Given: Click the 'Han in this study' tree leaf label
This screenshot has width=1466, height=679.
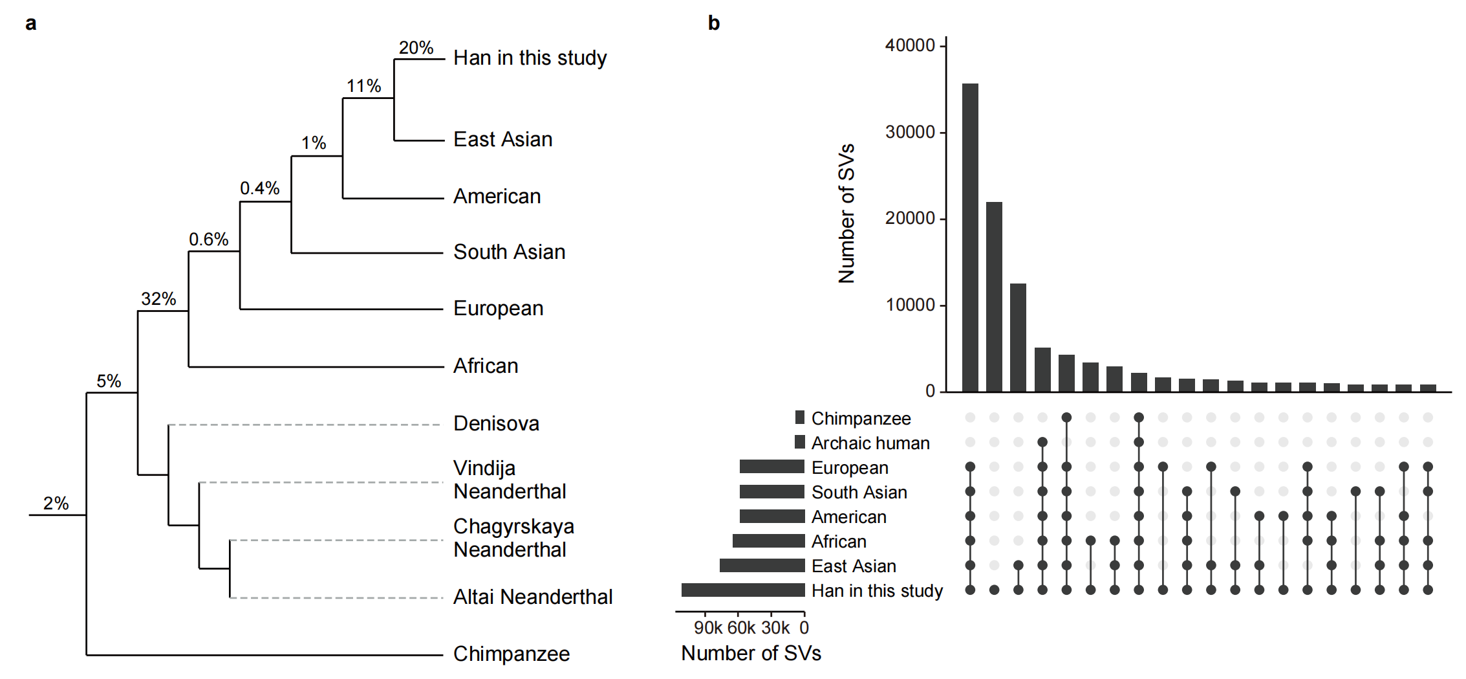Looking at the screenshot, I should [530, 58].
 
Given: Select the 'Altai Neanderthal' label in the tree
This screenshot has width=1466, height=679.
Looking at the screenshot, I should [532, 597].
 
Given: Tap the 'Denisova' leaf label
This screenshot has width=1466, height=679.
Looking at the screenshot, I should [496, 423].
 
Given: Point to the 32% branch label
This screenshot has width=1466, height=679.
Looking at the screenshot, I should [158, 299].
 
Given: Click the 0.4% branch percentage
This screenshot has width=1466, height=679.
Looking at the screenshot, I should [259, 188].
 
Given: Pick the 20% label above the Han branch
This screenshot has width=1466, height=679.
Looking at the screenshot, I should [416, 48].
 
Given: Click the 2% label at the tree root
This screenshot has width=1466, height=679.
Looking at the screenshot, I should [56, 504].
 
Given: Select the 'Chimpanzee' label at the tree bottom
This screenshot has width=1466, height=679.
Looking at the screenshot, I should [511, 654].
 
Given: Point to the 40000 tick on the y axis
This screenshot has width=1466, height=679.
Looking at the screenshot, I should [910, 45].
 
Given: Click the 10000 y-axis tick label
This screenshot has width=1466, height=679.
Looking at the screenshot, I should [910, 305].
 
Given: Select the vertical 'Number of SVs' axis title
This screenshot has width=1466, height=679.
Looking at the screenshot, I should [846, 214].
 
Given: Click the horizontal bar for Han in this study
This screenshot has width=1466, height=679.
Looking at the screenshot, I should [743, 590].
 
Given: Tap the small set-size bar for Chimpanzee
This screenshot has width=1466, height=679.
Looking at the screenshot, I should [800, 417].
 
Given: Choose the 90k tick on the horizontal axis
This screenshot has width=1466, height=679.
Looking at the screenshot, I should [707, 627].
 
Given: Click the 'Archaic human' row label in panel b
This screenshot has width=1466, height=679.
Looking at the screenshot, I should [870, 443].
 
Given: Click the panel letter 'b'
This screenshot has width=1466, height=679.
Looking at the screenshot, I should [714, 23].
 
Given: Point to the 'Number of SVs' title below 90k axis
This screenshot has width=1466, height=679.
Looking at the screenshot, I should [751, 654].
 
